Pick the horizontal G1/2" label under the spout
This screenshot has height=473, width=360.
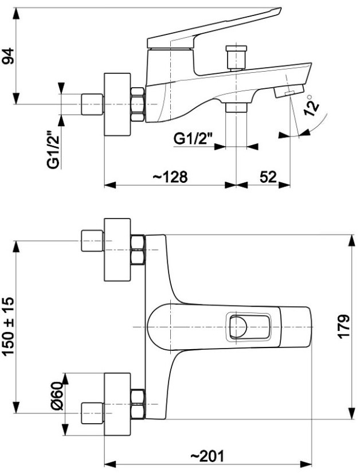[193, 138]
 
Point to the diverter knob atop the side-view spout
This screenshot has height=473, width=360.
[236, 56]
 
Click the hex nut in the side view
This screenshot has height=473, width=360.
[138, 104]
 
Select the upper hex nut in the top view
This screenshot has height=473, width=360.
[138, 250]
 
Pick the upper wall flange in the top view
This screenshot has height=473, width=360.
[118, 250]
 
